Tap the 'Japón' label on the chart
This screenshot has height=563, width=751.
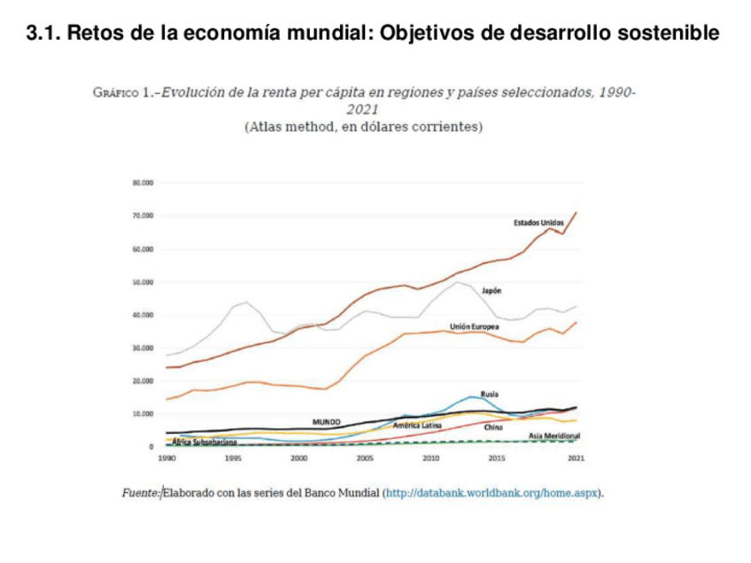[492, 290]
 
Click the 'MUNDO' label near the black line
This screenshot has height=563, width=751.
[327, 421]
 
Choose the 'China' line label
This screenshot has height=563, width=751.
[493, 427]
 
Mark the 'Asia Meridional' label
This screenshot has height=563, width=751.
[554, 436]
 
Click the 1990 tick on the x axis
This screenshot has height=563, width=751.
[166, 459]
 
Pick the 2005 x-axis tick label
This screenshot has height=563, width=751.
[364, 459]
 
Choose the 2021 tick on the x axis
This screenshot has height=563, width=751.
[576, 459]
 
